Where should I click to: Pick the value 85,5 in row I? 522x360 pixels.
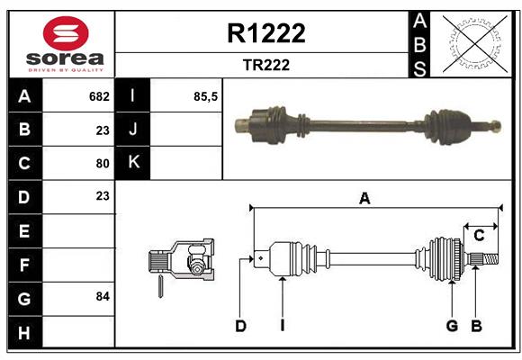click(x=206, y=95)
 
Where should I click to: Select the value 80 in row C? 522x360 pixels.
click(x=102, y=164)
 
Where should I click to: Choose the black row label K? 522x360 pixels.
click(x=134, y=163)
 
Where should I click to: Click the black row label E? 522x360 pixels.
click(x=24, y=231)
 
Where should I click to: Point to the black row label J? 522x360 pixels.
click(x=134, y=130)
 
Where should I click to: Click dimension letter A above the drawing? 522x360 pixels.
click(x=364, y=199)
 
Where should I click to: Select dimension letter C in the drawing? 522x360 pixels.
click(x=479, y=236)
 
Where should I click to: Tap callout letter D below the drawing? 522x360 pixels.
click(x=240, y=326)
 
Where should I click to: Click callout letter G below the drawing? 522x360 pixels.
click(x=452, y=326)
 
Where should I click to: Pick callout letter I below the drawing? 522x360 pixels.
click(x=282, y=326)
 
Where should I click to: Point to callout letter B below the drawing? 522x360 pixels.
click(x=477, y=326)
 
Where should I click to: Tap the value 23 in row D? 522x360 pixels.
click(x=102, y=195)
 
